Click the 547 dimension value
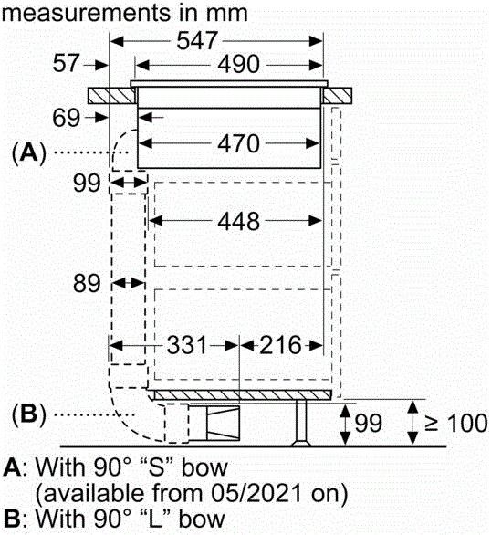coord(197,40)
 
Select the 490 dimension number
coord(238,64)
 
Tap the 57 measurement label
coord(66,63)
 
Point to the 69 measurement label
coord(66,118)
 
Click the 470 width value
coord(238,143)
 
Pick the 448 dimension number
coord(238,222)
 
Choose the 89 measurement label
coord(87,283)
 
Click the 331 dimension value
coord(187,345)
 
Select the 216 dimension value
coord(280,345)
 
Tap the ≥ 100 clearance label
coord(456,424)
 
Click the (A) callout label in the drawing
coord(28,153)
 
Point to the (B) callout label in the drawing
coord(28,414)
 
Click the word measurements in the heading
coord(87,14)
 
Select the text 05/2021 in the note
coord(256,493)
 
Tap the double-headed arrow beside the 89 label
coord(128,283)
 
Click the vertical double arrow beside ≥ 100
coord(413,423)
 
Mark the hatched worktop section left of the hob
coord(111,96)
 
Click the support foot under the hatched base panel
coord(301,423)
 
